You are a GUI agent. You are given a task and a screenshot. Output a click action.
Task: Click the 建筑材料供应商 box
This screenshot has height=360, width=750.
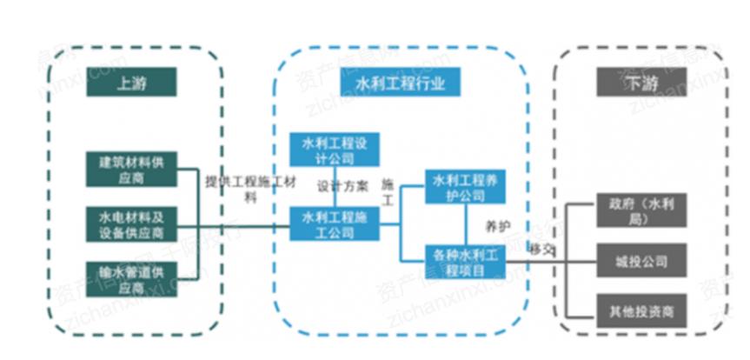coord(131,168)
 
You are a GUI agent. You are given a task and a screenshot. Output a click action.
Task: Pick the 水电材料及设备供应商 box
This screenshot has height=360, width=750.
coord(131,223)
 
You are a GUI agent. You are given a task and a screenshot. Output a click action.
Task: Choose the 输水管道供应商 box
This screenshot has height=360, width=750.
coord(131,277)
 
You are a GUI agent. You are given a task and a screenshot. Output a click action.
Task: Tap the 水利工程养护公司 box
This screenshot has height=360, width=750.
coord(466,185)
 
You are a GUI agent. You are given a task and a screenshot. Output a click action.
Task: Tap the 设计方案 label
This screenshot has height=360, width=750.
coord(342,186)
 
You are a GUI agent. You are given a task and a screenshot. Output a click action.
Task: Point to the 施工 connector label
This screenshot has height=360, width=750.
coord(388,192)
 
